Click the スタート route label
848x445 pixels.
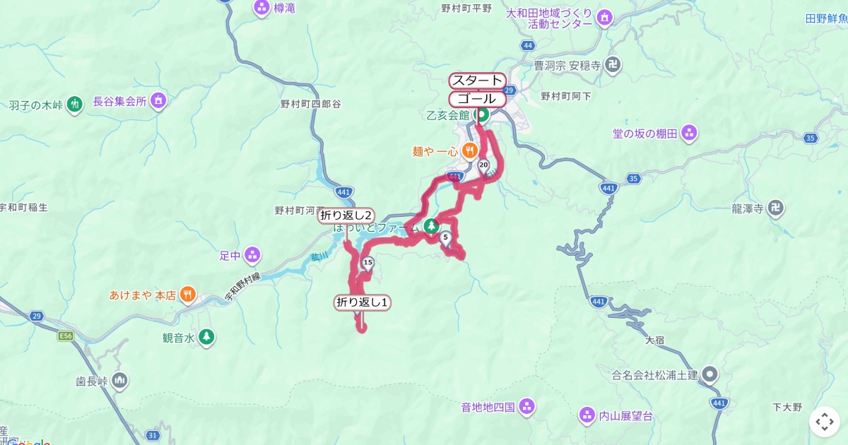click(478, 81)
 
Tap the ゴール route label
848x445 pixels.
click(478, 99)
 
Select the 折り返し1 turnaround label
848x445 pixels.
click(363, 303)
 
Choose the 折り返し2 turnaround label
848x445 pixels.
click(346, 216)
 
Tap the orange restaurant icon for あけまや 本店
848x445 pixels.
click(187, 295)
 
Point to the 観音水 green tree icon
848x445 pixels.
click(206, 337)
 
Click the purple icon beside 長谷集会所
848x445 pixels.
click(158, 101)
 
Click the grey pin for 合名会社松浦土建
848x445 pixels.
click(711, 374)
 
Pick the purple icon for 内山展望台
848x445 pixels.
click(586, 415)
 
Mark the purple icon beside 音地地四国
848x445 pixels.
click(526, 406)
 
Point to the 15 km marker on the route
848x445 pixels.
click(367, 263)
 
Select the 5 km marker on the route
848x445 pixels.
click(445, 238)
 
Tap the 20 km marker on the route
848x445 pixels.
click(483, 165)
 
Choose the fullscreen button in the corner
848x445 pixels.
click(825, 422)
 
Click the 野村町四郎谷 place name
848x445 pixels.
click(311, 104)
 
